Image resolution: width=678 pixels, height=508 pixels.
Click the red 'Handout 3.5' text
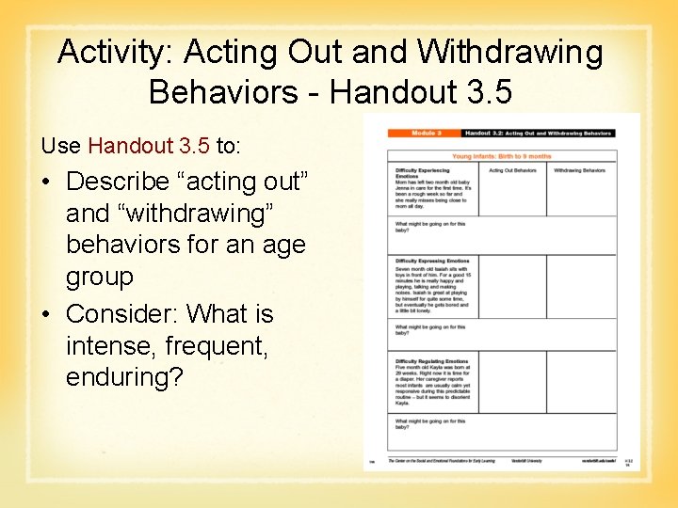pyautogui.click(x=149, y=146)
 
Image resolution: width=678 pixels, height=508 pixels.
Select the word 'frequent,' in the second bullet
pyautogui.click(x=217, y=345)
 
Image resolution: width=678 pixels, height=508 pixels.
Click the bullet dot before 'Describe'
pyautogui.click(x=46, y=181)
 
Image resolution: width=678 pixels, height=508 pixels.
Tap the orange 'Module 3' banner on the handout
pyautogui.click(x=423, y=135)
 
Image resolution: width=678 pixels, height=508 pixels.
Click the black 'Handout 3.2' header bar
pyautogui.click(x=538, y=135)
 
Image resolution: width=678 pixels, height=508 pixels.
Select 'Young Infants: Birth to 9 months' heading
pyautogui.click(x=502, y=156)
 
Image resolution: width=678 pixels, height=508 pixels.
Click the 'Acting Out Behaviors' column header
pyautogui.click(x=512, y=170)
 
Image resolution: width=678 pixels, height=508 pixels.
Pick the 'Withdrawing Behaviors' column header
pyautogui.click(x=580, y=170)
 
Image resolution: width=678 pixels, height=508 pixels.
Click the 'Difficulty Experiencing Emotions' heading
pyautogui.click(x=419, y=173)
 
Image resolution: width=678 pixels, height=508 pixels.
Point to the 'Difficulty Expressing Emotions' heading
pyautogui.click(x=431, y=262)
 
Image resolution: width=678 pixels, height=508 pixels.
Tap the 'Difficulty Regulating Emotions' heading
pyautogui.click(x=431, y=361)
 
